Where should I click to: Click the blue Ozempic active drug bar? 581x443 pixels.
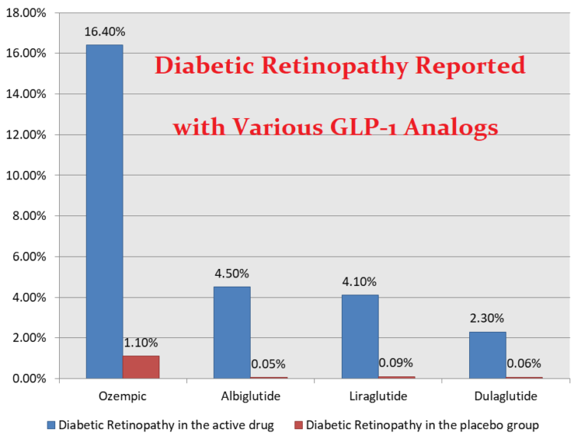[104, 211]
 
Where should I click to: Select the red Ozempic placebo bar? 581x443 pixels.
[141, 367]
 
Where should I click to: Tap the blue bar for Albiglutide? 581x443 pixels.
[231, 332]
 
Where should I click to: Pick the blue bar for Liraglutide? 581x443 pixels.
[360, 336]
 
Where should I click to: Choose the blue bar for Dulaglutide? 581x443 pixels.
[487, 354]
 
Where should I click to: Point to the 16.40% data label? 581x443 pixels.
[105, 31]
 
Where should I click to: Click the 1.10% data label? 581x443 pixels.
[141, 343]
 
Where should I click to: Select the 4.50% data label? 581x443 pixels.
[232, 274]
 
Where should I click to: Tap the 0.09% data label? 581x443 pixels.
[396, 363]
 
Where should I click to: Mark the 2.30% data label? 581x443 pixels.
[487, 318]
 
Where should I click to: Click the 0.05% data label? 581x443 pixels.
[268, 363]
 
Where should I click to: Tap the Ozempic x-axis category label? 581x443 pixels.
[123, 396]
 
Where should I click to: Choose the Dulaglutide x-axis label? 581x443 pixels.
[505, 396]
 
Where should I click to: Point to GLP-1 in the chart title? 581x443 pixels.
[387, 126]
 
